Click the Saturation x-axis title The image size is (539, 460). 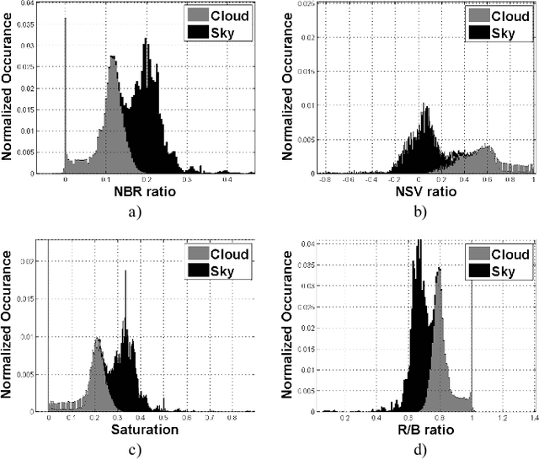pos(147,430)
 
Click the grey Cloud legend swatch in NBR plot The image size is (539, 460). pos(199,14)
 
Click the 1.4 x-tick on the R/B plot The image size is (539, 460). pos(532,417)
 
